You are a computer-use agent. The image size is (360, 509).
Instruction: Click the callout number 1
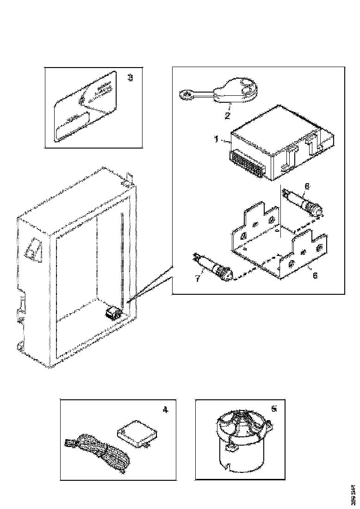coord(216,138)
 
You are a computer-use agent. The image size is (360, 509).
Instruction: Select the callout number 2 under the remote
coord(227,115)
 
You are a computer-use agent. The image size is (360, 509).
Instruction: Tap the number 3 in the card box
coord(130,78)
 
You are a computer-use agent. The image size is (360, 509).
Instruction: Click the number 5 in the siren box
coord(274,409)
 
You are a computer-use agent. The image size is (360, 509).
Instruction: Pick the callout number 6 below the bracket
coord(315,275)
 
